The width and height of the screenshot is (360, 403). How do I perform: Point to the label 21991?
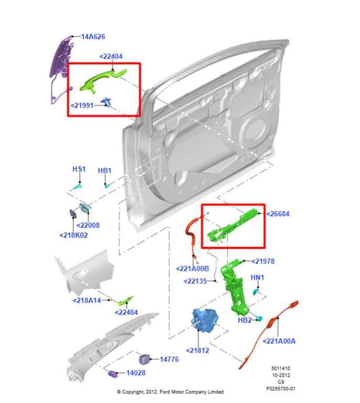pyautogui.click(x=84, y=105)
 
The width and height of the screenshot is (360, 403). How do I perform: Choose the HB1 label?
pyautogui.click(x=105, y=171)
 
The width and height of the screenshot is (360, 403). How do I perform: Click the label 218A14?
pyautogui.click(x=88, y=300)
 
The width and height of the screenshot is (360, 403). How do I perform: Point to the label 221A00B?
pyautogui.click(x=197, y=269)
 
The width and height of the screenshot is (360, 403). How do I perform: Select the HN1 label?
pyautogui.click(x=258, y=277)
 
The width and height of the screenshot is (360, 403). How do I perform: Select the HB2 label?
pyautogui.click(x=245, y=319)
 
